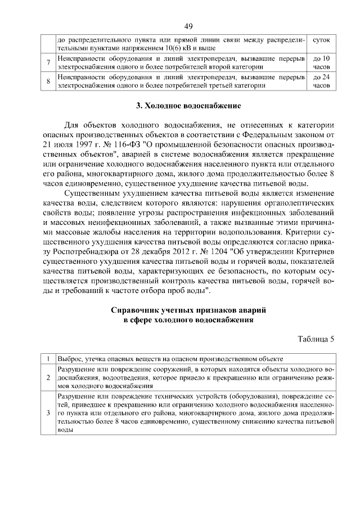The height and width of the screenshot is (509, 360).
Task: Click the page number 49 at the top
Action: (x=188, y=25)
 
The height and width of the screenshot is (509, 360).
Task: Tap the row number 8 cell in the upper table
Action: (x=48, y=82)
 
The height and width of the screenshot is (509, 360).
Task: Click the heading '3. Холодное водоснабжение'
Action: (x=188, y=106)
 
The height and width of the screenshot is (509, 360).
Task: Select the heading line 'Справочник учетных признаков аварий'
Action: (x=188, y=310)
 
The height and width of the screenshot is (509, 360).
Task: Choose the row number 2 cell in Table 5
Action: (x=48, y=377)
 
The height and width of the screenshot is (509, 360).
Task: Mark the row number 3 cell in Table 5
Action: (x=48, y=413)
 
